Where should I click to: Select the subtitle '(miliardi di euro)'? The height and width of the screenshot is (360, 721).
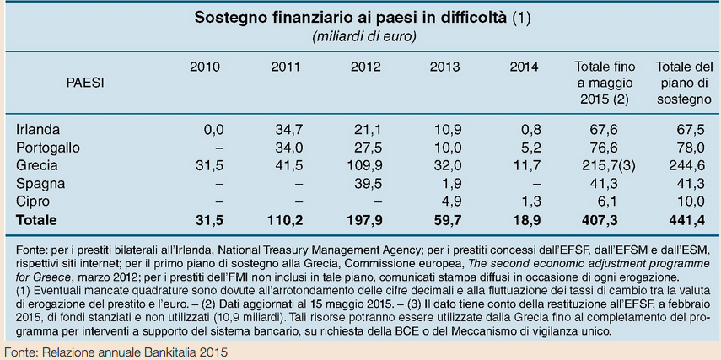pyautogui.click(x=363, y=36)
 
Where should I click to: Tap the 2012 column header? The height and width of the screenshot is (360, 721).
pyautogui.click(x=365, y=67)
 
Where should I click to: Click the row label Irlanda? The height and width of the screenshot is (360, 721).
pyautogui.click(x=38, y=130)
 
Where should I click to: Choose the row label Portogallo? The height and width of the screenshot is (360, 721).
pyautogui.click(x=48, y=148)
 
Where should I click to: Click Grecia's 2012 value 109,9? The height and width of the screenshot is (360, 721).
pyautogui.click(x=365, y=165)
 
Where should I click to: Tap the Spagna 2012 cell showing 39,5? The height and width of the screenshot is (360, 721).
pyautogui.click(x=368, y=183)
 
